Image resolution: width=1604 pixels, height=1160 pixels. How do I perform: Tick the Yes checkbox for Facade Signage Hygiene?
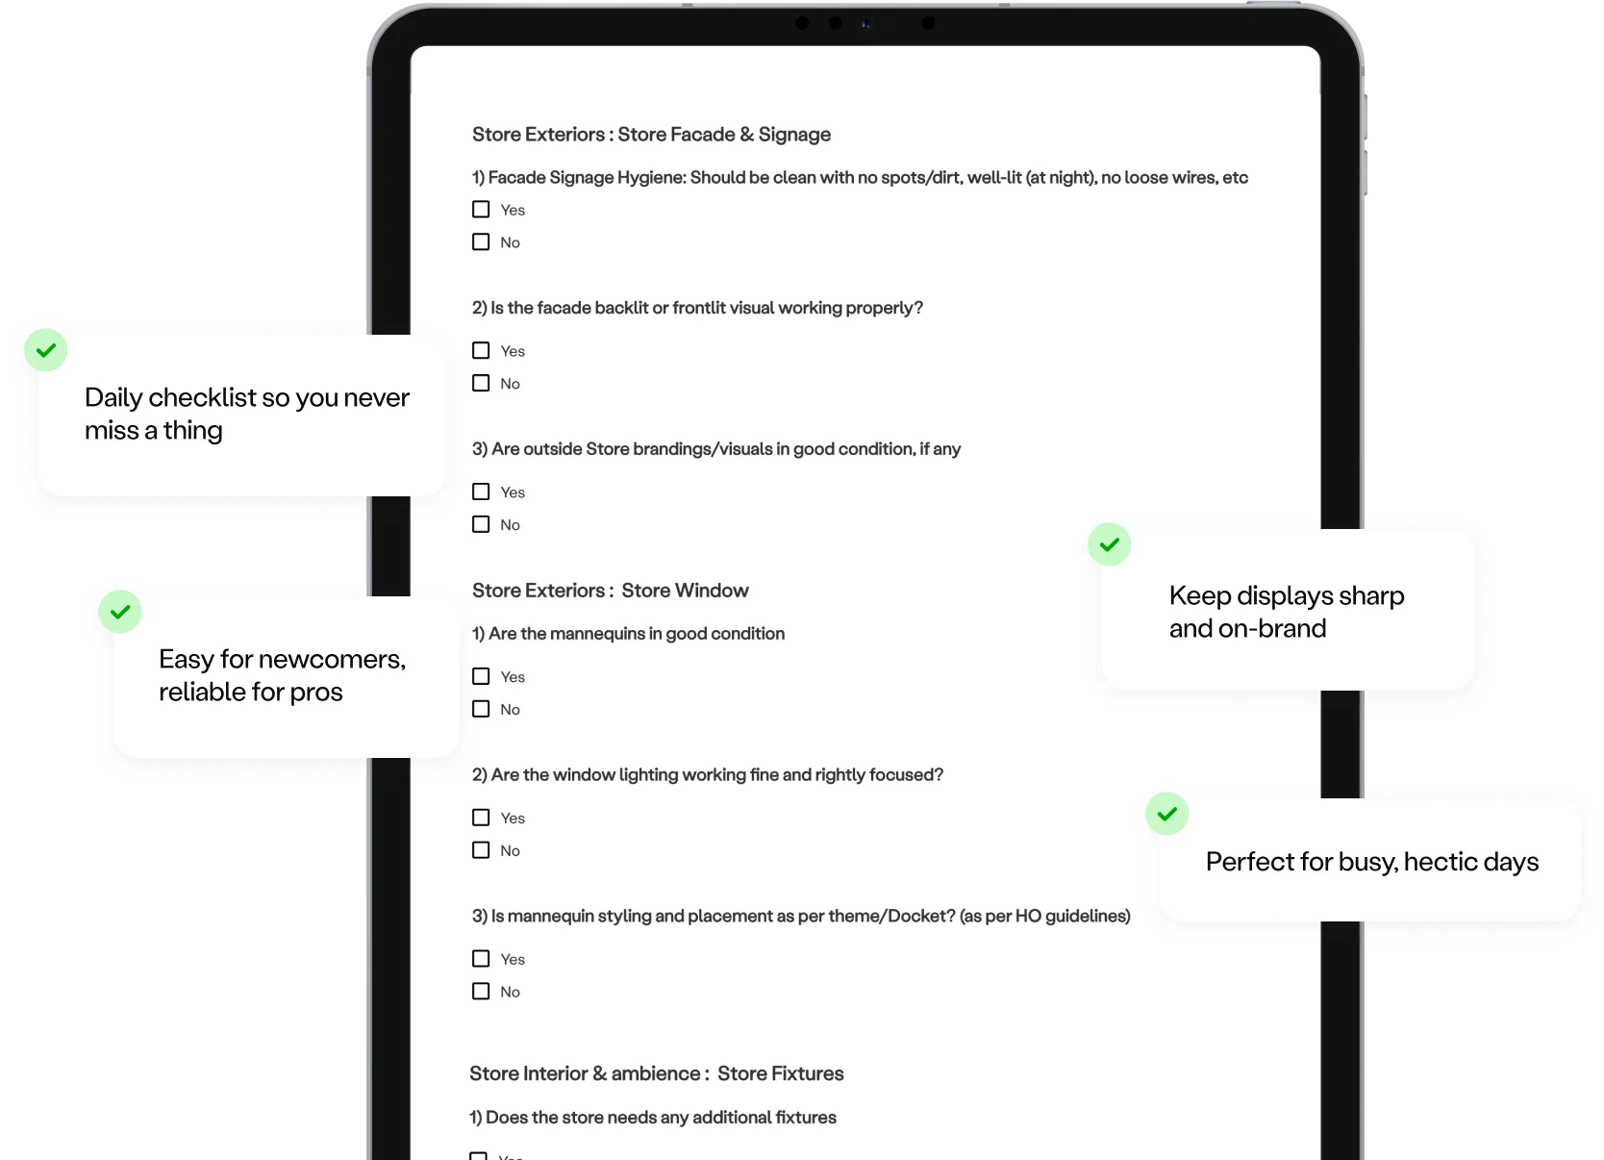481,209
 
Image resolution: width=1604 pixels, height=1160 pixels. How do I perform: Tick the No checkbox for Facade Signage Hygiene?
481,242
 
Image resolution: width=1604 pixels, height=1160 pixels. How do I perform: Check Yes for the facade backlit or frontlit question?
481,350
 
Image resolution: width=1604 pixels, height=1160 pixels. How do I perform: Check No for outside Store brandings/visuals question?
481,524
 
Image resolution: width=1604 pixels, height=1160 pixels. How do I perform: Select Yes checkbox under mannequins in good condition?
481,676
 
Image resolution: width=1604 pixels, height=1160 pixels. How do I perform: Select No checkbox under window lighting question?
481,850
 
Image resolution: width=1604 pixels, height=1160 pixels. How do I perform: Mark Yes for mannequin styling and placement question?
481,958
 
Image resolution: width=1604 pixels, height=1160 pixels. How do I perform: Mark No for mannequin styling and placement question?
481,991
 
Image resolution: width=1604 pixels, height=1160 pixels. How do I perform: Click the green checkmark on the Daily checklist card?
46,350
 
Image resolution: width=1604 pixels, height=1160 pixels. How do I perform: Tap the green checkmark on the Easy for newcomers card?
120,612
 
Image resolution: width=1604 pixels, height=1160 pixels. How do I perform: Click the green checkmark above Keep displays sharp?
1109,545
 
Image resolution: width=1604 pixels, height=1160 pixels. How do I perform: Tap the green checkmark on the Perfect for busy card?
1167,814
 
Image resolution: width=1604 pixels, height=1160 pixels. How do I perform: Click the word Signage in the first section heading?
794,135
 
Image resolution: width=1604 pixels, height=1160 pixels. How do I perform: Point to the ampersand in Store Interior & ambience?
599,1074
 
